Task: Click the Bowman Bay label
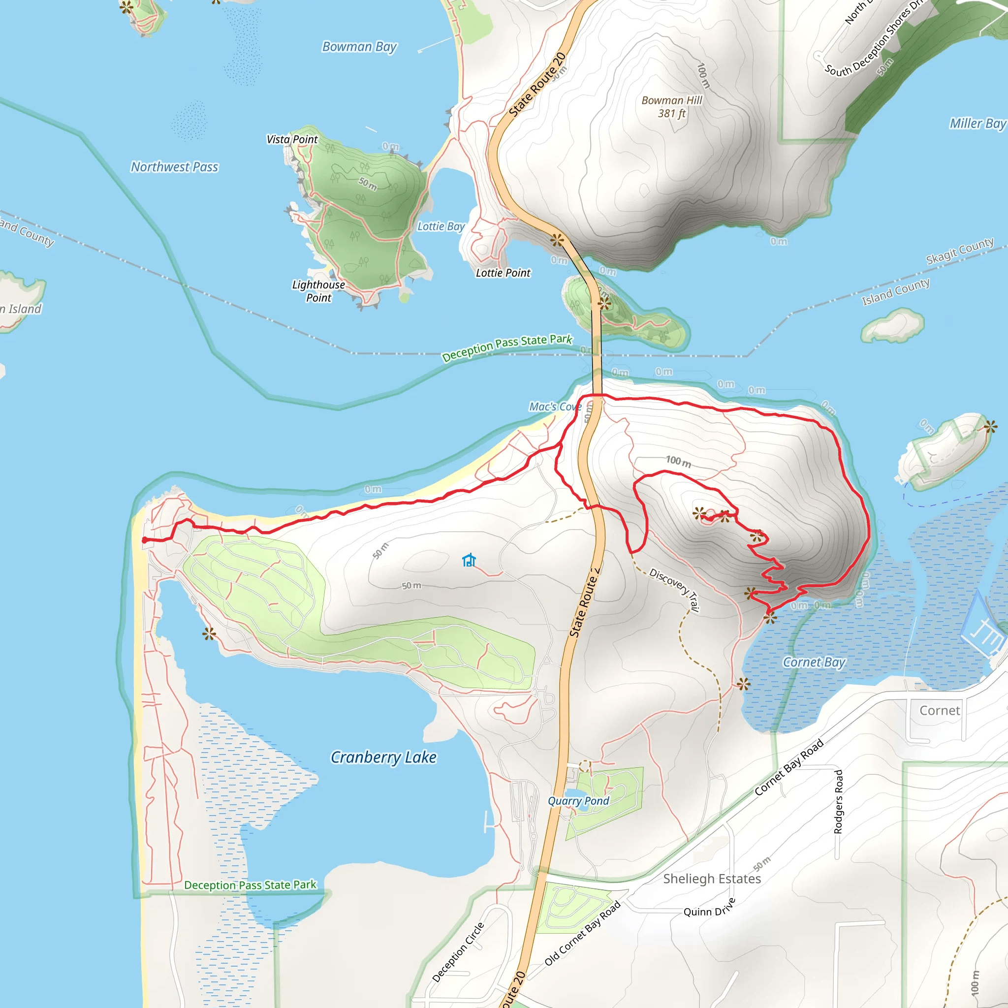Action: point(359,47)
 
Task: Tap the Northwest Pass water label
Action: point(174,167)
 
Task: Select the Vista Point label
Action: point(292,139)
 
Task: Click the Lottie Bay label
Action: point(441,226)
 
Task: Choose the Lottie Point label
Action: point(503,273)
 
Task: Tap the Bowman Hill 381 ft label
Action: point(671,106)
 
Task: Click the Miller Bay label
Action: point(976,124)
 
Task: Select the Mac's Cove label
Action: point(555,407)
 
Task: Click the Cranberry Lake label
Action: point(383,757)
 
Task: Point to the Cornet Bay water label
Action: point(814,662)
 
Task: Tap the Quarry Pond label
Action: point(578,801)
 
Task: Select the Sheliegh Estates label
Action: point(712,879)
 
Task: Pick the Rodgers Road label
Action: point(838,801)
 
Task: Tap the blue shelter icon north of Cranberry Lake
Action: point(469,560)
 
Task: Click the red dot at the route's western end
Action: point(145,540)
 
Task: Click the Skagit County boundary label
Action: point(959,251)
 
